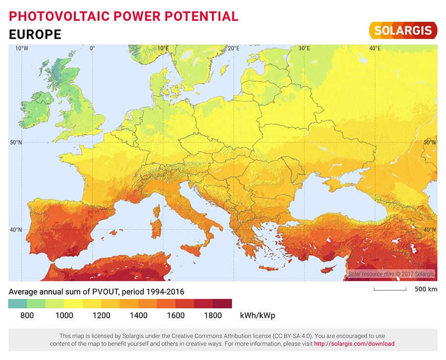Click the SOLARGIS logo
point(403,30)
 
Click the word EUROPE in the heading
point(35,34)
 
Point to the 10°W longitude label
point(21,49)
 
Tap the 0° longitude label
point(92,49)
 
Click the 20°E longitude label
point(234,49)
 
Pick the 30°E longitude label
point(304,49)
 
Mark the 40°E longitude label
point(375,49)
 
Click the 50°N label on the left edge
point(16,143)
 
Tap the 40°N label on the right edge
point(430,230)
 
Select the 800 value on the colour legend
point(27,315)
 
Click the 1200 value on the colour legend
point(101,315)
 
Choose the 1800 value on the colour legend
point(213,315)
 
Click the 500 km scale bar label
point(426,289)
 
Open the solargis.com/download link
point(354,344)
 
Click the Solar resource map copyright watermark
point(391,274)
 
